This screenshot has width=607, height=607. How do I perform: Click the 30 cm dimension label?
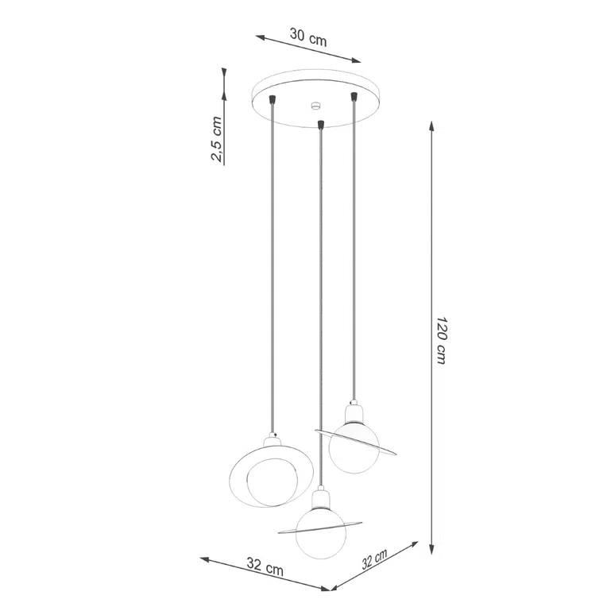click(x=308, y=36)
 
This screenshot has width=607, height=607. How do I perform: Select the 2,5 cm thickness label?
click(x=216, y=139)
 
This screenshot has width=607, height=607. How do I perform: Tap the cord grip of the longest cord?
click(x=319, y=123)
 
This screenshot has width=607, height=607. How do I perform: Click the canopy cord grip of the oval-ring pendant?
click(x=274, y=99)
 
